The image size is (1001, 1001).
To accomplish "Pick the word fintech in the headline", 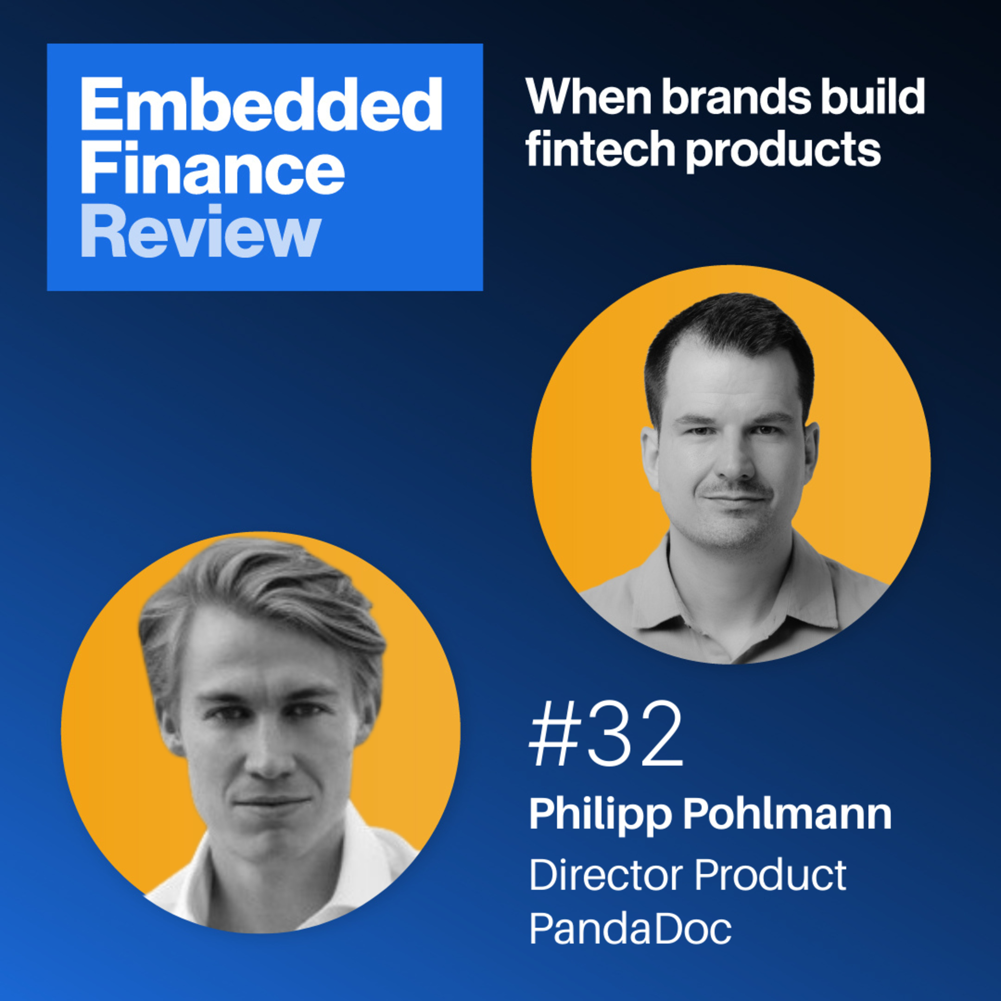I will tap(601, 149).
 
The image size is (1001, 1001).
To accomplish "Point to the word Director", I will tap(606, 875).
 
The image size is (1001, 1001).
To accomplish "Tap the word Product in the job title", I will tap(770, 875).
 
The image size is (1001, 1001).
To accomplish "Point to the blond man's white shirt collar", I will tap(357, 850).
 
